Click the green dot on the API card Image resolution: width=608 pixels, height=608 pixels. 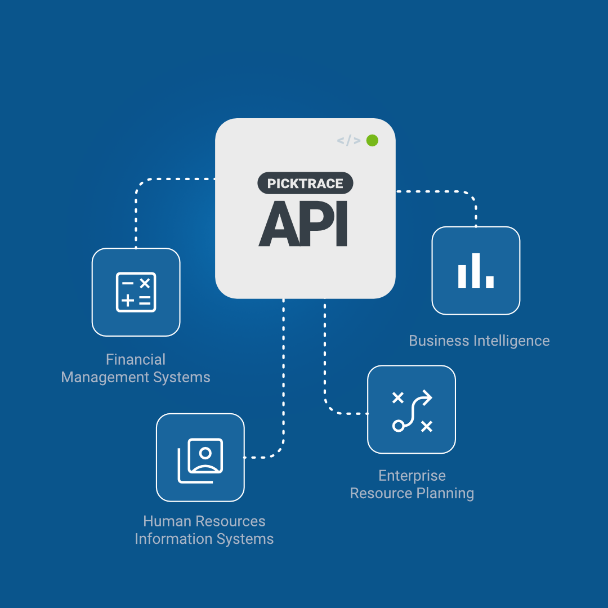pos(372,140)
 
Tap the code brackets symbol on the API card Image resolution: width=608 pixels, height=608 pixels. pos(348,141)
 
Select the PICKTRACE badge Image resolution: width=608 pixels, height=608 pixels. pos(305,184)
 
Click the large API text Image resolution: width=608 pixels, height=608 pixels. pos(303,223)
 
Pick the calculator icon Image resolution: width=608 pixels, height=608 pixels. pos(136,292)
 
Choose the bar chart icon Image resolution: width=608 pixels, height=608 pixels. pos(476,271)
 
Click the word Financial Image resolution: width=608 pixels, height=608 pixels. pos(136,359)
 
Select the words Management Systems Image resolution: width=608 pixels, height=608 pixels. pos(136,377)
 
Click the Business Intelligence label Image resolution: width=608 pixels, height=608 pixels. pos(479,341)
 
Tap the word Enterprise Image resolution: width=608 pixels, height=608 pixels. pos(412,476)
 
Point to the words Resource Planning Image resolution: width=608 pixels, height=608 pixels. pos(412,493)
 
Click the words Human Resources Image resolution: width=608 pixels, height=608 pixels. pos(204,521)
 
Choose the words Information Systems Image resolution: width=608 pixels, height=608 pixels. pos(204,539)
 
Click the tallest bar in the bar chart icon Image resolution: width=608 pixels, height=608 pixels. pos(476,270)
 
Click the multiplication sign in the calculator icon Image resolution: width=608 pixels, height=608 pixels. pos(145,283)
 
